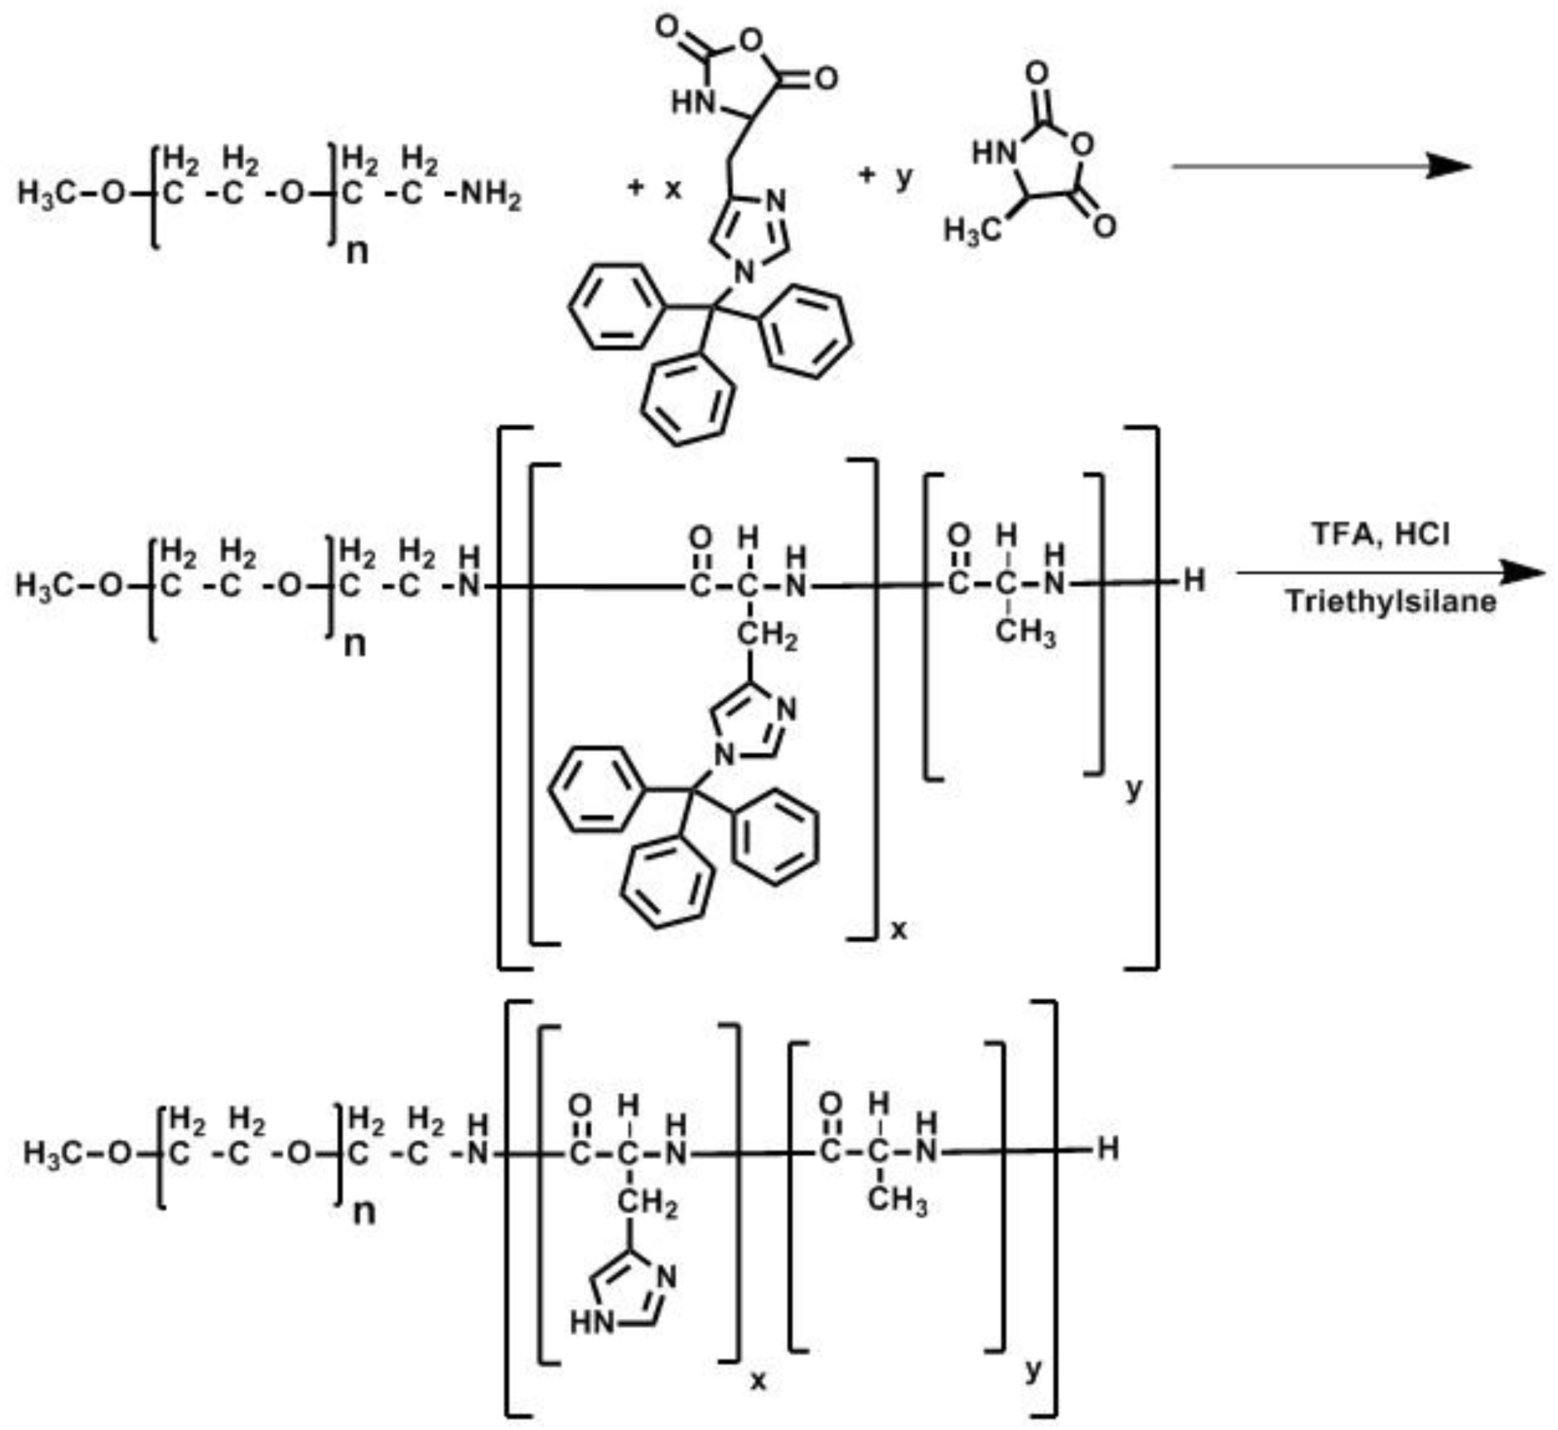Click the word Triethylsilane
click(x=1390, y=601)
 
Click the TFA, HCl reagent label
click(x=1380, y=534)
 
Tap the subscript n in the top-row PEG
click(x=356, y=251)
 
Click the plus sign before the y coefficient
click(x=867, y=176)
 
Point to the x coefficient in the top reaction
click(x=673, y=188)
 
